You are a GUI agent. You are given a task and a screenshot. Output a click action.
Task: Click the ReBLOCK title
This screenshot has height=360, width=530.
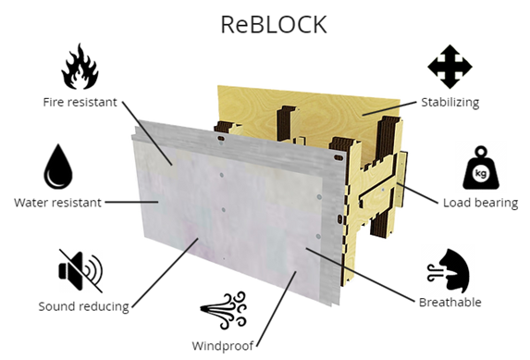pyautogui.click(x=274, y=24)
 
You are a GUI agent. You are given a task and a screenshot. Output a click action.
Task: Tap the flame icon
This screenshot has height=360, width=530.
pyautogui.click(x=80, y=68)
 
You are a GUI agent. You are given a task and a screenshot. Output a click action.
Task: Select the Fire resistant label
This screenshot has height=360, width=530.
pyautogui.click(x=80, y=102)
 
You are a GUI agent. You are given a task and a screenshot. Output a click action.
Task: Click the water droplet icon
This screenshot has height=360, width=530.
pyautogui.click(x=57, y=167)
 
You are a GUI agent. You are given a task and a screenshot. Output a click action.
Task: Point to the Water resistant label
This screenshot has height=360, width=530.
pyautogui.click(x=57, y=202)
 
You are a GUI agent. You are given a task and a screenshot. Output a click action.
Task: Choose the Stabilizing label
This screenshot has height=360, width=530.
pyautogui.click(x=450, y=102)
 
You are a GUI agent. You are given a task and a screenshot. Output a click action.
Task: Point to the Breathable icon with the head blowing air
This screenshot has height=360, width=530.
pyautogui.click(x=450, y=270)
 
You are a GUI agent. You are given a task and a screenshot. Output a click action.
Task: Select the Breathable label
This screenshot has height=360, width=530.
pyautogui.click(x=450, y=302)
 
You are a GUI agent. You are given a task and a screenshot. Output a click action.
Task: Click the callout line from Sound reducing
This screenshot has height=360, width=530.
pyautogui.click(x=162, y=272)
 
